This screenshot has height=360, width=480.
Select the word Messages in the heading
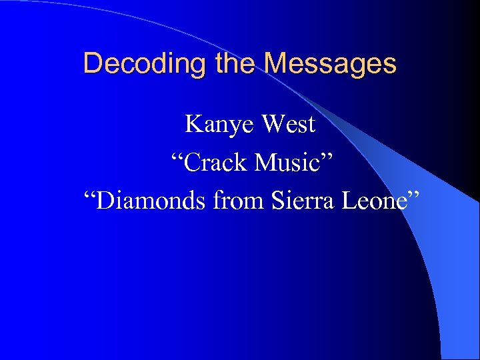point(329,64)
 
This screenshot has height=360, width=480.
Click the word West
point(288,124)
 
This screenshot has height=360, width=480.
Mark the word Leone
point(372,200)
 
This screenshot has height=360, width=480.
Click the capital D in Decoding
point(92,64)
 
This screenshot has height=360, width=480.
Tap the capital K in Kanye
point(192,124)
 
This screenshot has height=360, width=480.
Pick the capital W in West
point(271,124)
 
